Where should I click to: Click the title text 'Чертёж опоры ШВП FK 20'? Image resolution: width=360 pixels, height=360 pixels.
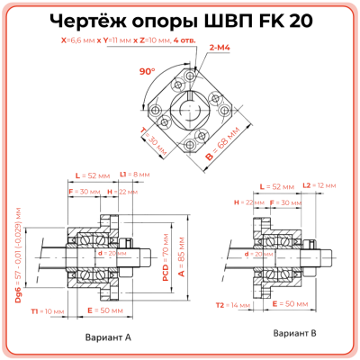tap(180, 22)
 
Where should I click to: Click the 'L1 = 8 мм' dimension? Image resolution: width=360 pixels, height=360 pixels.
tap(141, 173)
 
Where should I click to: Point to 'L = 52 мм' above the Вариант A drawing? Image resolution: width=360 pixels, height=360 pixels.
tap(92, 173)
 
